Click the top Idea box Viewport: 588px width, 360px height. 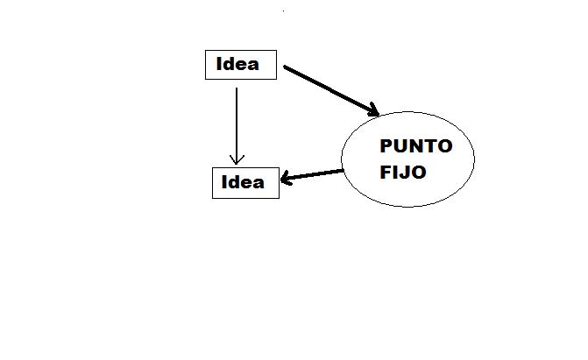(x=240, y=65)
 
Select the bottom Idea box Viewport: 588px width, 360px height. (x=245, y=182)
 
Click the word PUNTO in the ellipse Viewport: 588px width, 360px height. (x=415, y=146)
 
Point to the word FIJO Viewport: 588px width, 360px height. (x=403, y=173)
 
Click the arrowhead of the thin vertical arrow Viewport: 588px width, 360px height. (x=236, y=159)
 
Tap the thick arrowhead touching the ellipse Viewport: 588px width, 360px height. (x=372, y=111)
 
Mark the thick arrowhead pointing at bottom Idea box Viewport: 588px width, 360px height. (x=286, y=180)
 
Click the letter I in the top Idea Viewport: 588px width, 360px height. (x=219, y=64)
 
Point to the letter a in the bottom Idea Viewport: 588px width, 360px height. (x=258, y=183)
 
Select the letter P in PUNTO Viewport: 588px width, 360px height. (x=385, y=146)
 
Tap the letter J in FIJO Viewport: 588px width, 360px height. (x=405, y=173)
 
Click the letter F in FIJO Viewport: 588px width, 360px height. (x=386, y=173)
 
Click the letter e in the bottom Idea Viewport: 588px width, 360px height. (x=247, y=183)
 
